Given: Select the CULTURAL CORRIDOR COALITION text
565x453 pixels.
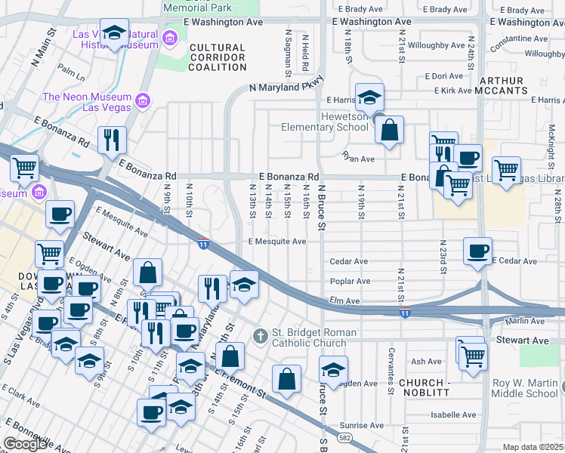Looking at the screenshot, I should [218, 57].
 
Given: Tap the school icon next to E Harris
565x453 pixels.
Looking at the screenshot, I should [369, 97].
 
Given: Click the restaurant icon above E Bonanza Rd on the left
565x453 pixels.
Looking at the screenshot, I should [112, 140].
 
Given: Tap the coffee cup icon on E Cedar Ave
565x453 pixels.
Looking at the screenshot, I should [477, 251].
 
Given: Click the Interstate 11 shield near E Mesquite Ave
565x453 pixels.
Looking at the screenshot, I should [203, 244].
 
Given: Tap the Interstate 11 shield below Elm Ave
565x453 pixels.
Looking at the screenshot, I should [406, 313].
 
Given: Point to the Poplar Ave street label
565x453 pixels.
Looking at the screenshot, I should [350, 281].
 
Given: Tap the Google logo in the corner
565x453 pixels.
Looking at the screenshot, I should [26, 444].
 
